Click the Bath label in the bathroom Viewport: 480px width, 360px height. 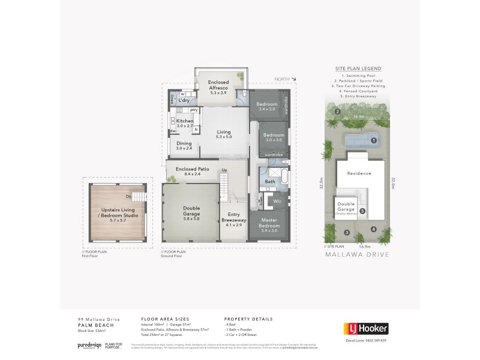click(270, 181)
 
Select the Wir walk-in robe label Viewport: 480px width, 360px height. click(277, 201)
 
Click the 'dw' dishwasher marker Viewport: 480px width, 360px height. click(172, 131)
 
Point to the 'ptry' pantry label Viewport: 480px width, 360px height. click(194, 110)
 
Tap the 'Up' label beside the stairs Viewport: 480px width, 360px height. click(224, 170)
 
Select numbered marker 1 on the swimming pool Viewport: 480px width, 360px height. click(373, 140)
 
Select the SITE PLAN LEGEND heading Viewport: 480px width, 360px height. click(358, 69)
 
